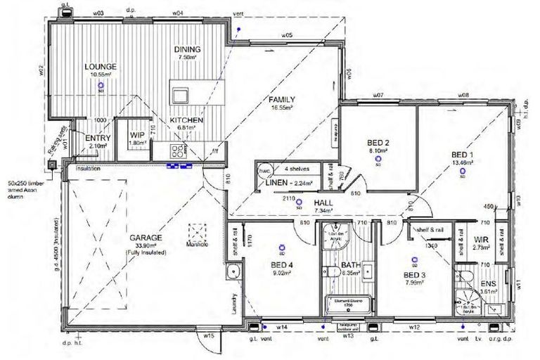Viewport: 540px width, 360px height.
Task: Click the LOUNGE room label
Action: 101,66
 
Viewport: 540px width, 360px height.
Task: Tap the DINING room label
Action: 188,49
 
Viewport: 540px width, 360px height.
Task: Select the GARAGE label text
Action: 146,238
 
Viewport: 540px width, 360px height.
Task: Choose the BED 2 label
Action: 378,142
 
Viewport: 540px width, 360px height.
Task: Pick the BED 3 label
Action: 415,275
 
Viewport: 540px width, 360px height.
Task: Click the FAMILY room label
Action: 281,99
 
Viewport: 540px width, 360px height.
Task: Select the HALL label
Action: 323,202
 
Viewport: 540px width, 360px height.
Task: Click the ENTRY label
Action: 98,138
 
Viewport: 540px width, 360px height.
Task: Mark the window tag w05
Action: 287,34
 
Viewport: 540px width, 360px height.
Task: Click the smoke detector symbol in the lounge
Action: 101,86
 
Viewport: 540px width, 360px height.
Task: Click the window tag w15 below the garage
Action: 209,336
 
